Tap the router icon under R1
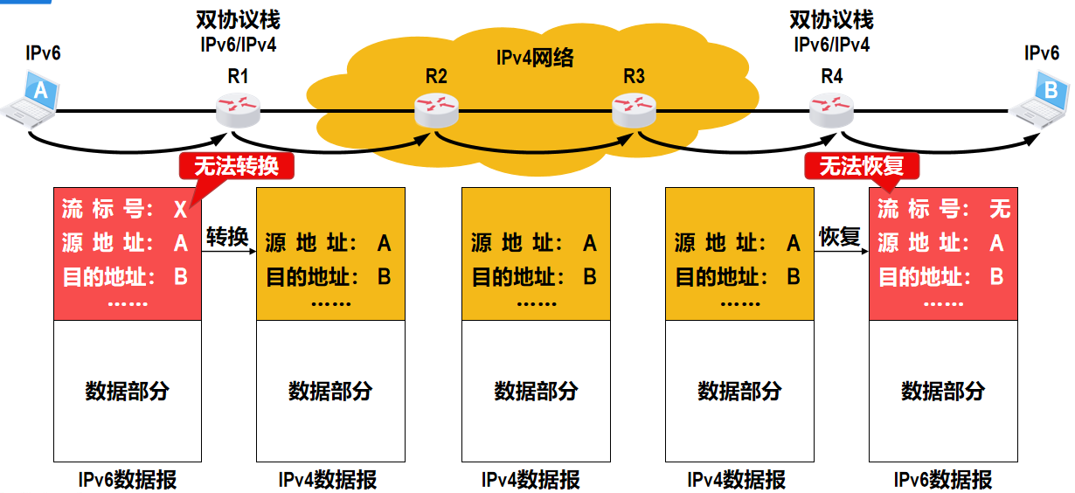pos(239,109)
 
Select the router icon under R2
pos(436,109)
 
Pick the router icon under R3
pos(635,109)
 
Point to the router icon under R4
pos(831,109)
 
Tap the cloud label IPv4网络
pos(535,59)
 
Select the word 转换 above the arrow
pos(228,236)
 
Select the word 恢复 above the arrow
pos(840,236)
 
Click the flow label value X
pos(181,209)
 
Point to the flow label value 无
pos(999,209)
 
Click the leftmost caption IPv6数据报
pos(127,480)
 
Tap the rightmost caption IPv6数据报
pos(942,480)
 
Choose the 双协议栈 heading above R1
pos(238,19)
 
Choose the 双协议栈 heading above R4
pos(831,19)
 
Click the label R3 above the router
pos(634,77)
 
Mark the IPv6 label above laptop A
pos(43,53)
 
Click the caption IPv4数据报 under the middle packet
pos(534,480)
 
